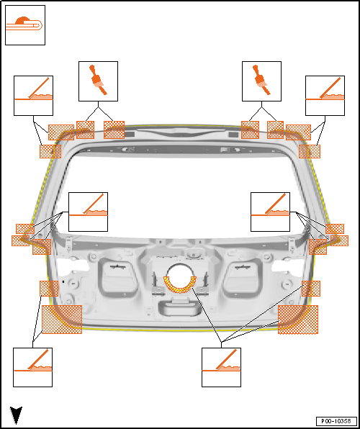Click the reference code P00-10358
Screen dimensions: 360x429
click(x=336, y=420)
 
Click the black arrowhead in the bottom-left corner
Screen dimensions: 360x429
click(x=16, y=415)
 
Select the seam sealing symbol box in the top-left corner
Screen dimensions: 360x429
click(x=25, y=25)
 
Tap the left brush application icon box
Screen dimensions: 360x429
click(x=99, y=81)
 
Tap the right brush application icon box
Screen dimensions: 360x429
click(x=261, y=81)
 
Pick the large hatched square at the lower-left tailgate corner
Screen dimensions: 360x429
click(x=62, y=320)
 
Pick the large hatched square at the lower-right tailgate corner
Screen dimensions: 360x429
click(x=298, y=320)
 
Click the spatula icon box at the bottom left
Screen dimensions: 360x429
click(x=33, y=367)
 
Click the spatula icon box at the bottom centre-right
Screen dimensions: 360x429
click(x=221, y=367)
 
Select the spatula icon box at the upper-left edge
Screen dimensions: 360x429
click(x=33, y=96)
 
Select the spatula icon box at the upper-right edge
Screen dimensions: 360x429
click(x=325, y=96)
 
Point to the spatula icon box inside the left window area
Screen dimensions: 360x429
click(x=88, y=212)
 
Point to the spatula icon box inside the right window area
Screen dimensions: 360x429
click(x=270, y=212)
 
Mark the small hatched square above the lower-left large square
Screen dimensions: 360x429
click(x=49, y=289)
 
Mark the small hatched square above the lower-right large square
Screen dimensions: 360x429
click(x=311, y=289)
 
